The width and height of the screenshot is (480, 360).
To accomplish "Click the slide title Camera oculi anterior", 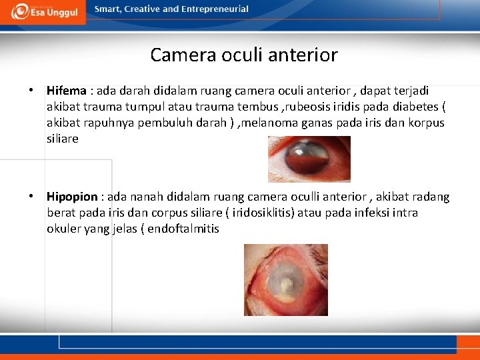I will pyautogui.click(x=243, y=55).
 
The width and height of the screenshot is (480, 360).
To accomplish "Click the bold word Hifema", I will pyautogui.click(x=67, y=91).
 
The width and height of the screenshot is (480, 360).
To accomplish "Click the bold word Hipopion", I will pyautogui.click(x=72, y=197).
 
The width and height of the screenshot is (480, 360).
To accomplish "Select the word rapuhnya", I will pyautogui.click(x=108, y=123).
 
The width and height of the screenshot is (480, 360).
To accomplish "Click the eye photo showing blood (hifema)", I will pyautogui.click(x=309, y=159).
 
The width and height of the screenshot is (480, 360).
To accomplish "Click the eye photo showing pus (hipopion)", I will pyautogui.click(x=285, y=279).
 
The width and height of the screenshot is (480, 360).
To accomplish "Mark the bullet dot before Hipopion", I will pyautogui.click(x=31, y=197).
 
